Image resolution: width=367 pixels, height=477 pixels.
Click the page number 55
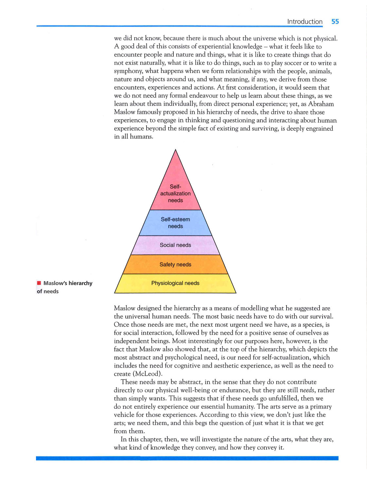click(x=335, y=22)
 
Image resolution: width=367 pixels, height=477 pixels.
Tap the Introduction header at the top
click(x=305, y=22)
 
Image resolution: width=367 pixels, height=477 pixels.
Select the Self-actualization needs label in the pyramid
click(x=175, y=194)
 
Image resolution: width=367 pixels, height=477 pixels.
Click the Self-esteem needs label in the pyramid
click(x=175, y=223)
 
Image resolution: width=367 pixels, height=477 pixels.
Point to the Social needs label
click(x=175, y=245)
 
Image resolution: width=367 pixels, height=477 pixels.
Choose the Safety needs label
click(x=175, y=264)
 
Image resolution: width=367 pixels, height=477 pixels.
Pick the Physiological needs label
click(x=175, y=283)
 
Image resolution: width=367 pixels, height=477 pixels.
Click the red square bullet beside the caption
click(x=39, y=283)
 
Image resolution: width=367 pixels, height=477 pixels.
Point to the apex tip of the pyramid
click(x=175, y=150)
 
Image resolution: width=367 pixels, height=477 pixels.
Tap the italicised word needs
click(x=307, y=390)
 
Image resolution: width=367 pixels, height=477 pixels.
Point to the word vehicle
click(x=124, y=415)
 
